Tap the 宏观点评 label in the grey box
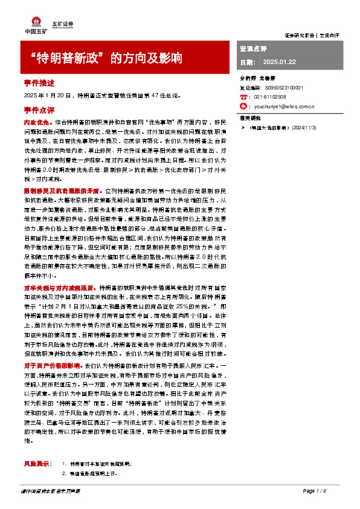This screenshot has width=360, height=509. [x=254, y=48]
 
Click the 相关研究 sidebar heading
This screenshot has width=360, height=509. [x=250, y=117]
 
